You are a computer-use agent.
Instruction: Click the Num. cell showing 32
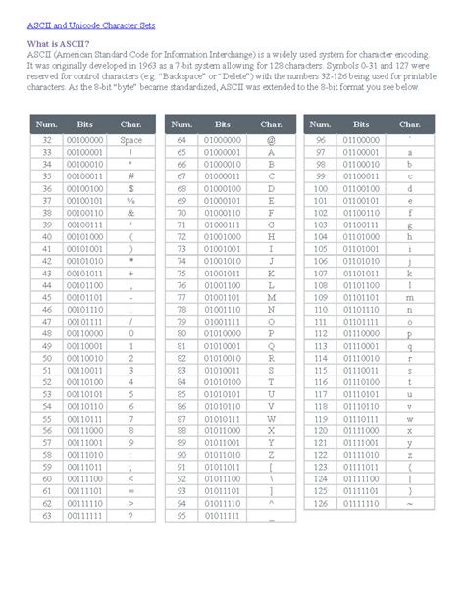point(46,141)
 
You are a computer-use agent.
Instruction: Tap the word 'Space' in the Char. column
point(130,141)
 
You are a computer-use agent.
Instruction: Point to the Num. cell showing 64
point(181,141)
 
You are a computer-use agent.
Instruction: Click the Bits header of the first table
point(87,125)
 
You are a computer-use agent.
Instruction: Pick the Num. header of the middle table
point(181,125)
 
